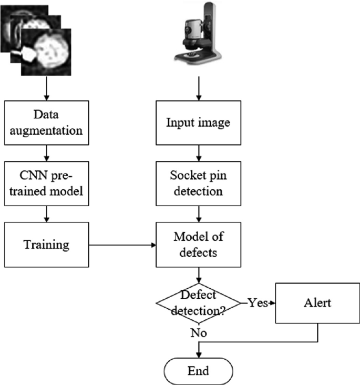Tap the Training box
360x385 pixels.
[x=46, y=245]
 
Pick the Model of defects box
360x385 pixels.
[x=198, y=245]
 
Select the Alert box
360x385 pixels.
[x=317, y=303]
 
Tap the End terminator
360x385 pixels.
[x=198, y=371]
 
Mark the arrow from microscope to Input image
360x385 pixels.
[x=198, y=88]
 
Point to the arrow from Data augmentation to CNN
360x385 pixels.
[x=46, y=152]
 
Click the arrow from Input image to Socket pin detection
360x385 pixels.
[x=198, y=152]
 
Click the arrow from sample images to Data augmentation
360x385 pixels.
[x=46, y=89]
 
